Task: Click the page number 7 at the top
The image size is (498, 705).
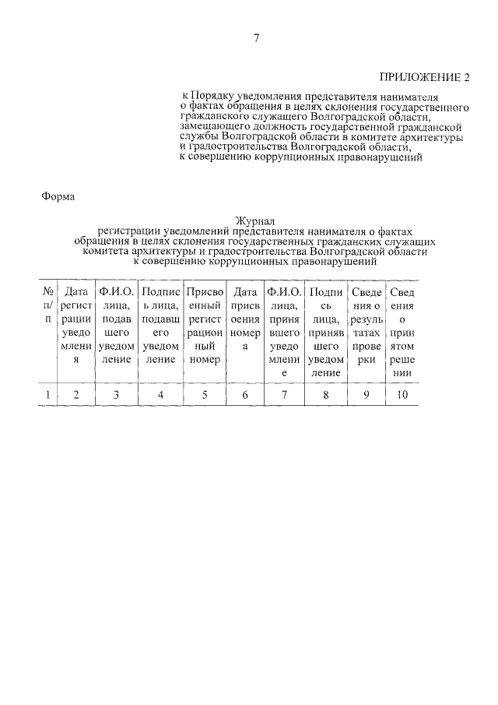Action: tap(256, 39)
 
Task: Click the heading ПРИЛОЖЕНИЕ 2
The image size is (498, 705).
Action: tap(425, 76)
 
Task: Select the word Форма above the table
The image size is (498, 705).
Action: tap(58, 196)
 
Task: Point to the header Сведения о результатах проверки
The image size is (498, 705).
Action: tap(366, 325)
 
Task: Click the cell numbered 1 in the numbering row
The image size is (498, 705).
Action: tap(47, 394)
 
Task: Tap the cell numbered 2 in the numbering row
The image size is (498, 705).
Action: tap(76, 394)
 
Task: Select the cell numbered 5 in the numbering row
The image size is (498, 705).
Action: tap(205, 394)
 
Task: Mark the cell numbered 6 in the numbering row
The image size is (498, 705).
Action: tap(245, 394)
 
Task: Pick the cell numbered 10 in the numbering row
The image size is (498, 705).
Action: tap(402, 394)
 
